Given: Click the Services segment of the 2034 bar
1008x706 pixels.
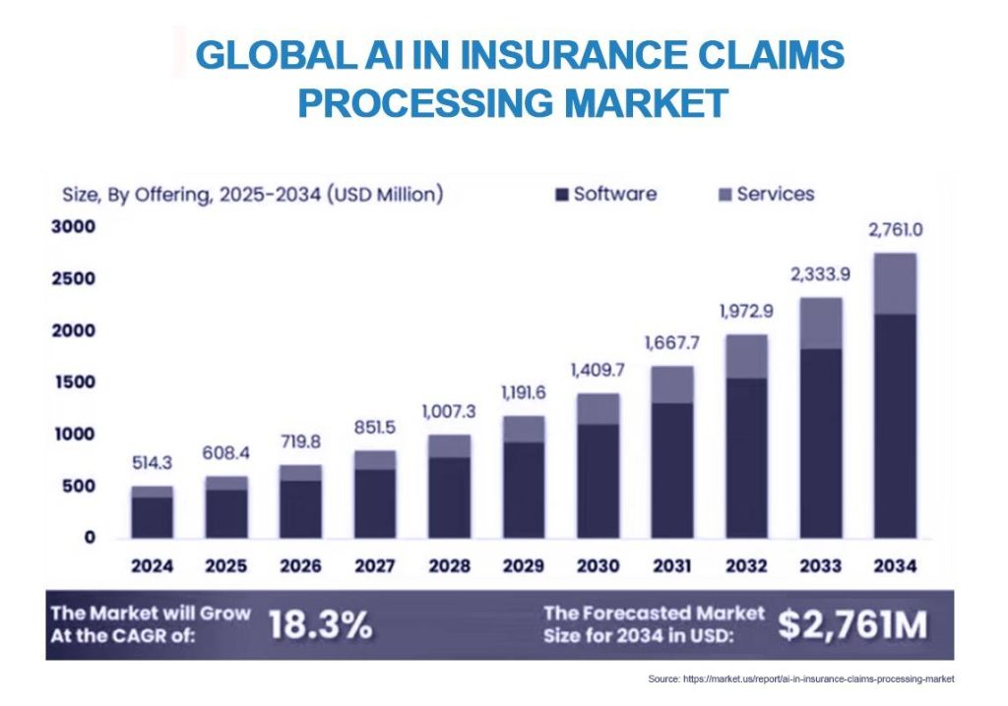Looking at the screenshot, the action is [895, 284].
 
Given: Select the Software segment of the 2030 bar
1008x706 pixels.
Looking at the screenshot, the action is [598, 481].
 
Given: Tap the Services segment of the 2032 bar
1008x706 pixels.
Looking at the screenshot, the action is [746, 357].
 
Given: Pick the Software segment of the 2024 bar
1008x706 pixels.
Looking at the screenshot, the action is [153, 518].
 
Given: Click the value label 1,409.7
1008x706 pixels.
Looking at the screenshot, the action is [598, 370].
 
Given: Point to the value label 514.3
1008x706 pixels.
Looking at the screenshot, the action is [152, 462].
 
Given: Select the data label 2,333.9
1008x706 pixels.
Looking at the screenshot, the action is [820, 275].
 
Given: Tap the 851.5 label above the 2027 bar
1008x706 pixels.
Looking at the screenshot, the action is [375, 427].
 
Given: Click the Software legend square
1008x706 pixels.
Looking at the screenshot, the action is [562, 195].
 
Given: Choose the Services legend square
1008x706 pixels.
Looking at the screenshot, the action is [724, 195].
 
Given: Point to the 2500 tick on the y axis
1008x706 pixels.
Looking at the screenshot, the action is [73, 279].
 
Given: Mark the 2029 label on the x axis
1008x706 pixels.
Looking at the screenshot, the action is [524, 566].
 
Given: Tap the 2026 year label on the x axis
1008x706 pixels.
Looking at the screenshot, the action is [300, 566].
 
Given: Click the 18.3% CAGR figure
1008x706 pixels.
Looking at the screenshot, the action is [320, 624].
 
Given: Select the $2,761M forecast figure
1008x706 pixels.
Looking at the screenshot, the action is [852, 624].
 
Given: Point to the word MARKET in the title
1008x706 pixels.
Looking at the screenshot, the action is [646, 103].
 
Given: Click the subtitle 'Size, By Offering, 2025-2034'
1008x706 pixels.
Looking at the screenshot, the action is [192, 194].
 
